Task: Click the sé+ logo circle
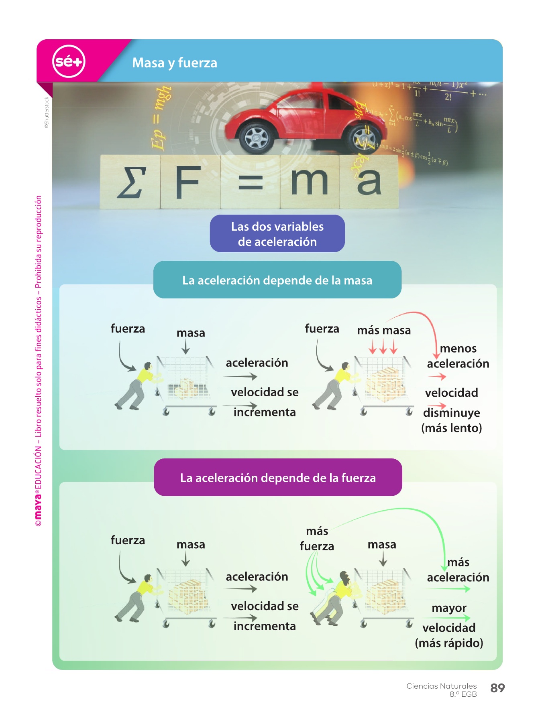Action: tap(69, 61)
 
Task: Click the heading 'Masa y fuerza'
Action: tap(175, 63)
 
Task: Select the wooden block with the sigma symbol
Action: tap(130, 182)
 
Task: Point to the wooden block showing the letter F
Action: tap(190, 182)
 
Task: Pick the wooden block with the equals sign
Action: tap(250, 182)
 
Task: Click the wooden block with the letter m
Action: tap(309, 182)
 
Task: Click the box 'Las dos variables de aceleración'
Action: tap(277, 234)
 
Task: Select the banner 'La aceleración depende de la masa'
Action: tap(277, 280)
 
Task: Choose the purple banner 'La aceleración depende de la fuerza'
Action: tap(278, 478)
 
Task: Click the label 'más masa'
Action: tap(384, 331)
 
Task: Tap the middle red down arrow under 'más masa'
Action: tap(383, 347)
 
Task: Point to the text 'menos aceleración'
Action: tap(458, 356)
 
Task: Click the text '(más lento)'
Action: tap(452, 428)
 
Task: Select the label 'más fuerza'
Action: tap(317, 539)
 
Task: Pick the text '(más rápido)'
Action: tap(449, 643)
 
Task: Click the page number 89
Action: tap(497, 688)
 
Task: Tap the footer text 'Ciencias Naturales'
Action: tap(441, 686)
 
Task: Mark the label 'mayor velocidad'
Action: tap(449, 618)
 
